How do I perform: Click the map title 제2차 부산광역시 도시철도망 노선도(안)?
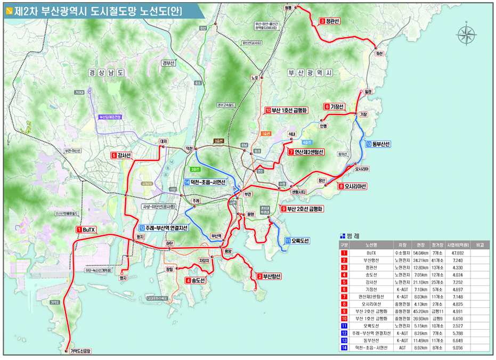point(96,11)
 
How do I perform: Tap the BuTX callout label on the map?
point(86,230)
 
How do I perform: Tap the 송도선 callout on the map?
point(196,280)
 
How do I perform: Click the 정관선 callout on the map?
point(331,21)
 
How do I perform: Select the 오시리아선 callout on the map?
point(353,186)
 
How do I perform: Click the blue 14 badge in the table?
point(344,348)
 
